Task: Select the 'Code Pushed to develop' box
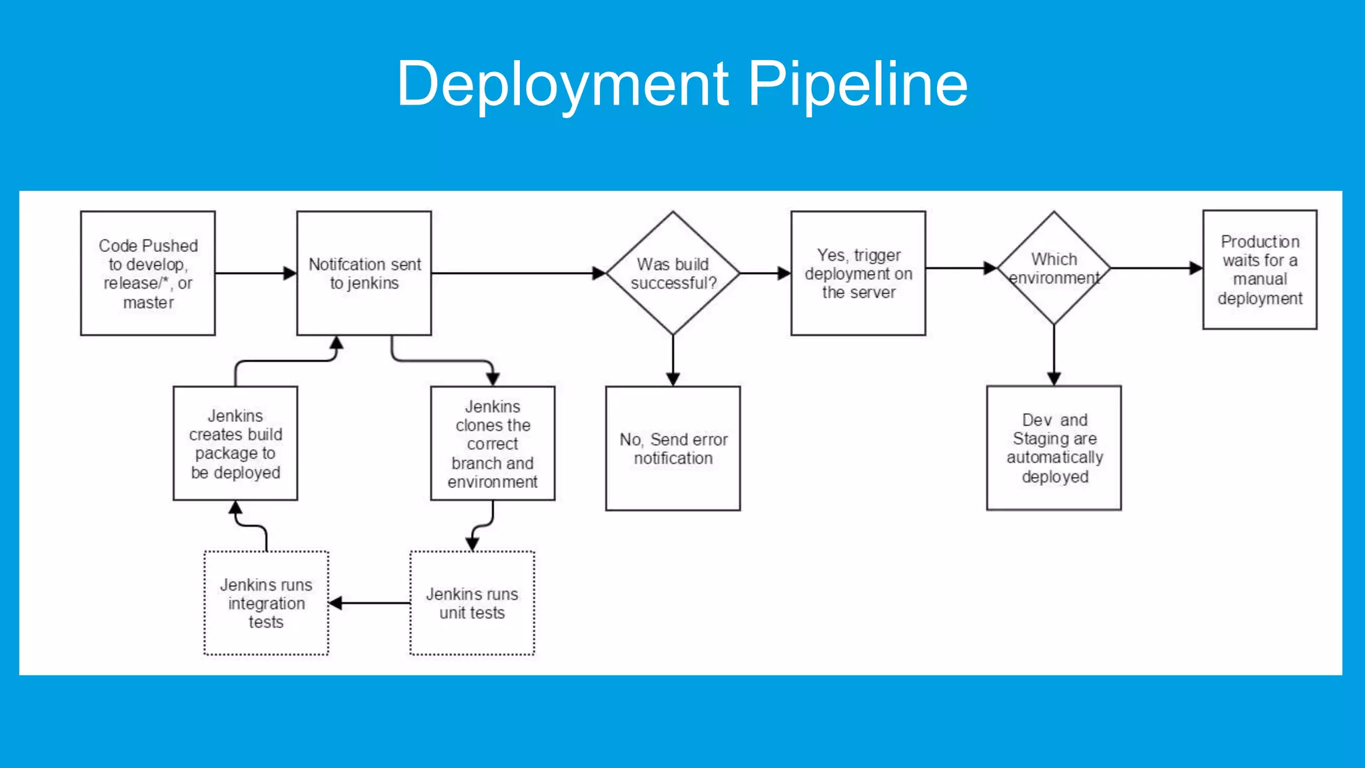coord(148,273)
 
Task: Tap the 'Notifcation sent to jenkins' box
coord(364,273)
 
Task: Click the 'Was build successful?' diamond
coord(673,273)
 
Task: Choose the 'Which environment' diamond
coord(1054,268)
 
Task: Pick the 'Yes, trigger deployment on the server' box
coord(858,273)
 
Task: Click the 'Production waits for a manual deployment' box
coord(1260,269)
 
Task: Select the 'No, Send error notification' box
coord(673,448)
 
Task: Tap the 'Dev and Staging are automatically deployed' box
coord(1054,448)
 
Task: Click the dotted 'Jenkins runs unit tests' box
coord(472,603)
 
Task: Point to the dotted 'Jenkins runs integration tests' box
coord(266,603)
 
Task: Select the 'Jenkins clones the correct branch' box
coord(493,443)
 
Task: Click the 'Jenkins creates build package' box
coord(235,443)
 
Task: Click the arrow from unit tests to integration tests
coord(371,603)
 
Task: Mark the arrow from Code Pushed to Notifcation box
coord(255,273)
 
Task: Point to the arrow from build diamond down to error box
coord(673,360)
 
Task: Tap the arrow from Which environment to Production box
coord(1156,268)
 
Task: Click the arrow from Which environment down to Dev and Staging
coord(1054,355)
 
